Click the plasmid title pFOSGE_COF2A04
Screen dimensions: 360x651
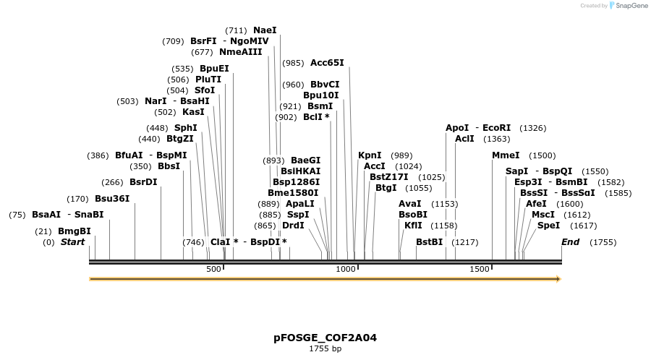tap(325, 338)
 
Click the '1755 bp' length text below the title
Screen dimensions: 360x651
tap(325, 349)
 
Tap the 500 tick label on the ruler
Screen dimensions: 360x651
tap(213, 269)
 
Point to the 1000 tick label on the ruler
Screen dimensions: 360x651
tap(346, 269)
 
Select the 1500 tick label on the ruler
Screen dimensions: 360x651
tap(480, 269)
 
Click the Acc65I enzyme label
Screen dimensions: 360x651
tap(327, 63)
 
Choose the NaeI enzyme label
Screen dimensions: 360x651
tap(265, 30)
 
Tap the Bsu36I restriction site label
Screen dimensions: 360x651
tap(112, 199)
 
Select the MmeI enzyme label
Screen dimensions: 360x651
tap(506, 155)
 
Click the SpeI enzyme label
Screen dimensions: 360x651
tap(548, 226)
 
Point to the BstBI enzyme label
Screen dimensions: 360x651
tap(429, 242)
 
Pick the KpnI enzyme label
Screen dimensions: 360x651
tap(370, 155)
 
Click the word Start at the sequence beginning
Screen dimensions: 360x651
tap(72, 242)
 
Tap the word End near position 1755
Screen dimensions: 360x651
tap(570, 242)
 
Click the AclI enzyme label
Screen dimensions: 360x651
tap(464, 139)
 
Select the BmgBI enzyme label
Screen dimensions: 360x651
tap(75, 231)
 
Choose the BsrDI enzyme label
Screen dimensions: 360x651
tap(143, 182)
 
